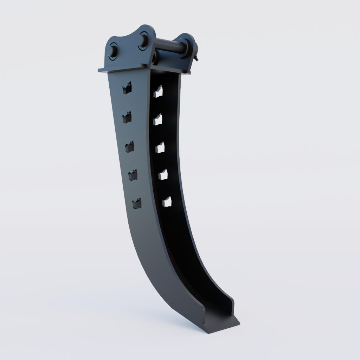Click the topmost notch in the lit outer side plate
click(127, 88)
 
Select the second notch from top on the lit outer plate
click(127, 117)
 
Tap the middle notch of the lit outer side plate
click(129, 147)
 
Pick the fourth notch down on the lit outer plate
click(133, 175)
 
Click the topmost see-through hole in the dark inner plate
click(158, 91)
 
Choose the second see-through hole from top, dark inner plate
click(158, 120)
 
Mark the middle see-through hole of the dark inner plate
click(160, 148)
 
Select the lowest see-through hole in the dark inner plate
click(167, 202)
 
